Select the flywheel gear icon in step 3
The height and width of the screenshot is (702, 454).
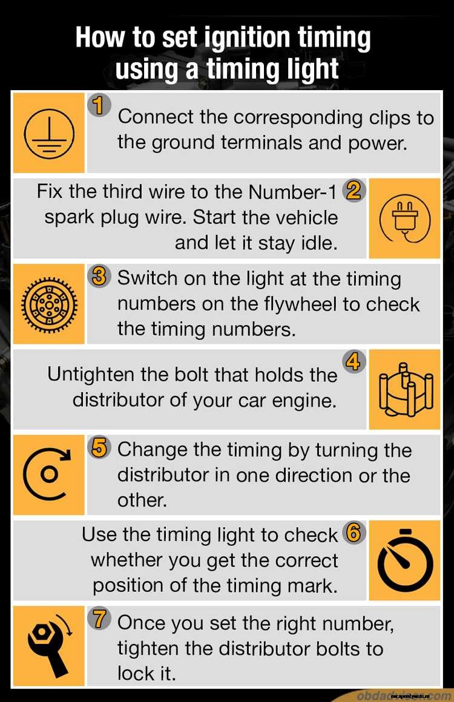click(x=48, y=304)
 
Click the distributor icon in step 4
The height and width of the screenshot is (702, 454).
click(x=404, y=390)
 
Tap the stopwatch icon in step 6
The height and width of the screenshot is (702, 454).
click(x=404, y=560)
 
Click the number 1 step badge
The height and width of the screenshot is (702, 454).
click(x=99, y=105)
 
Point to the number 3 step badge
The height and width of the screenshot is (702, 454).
click(x=99, y=277)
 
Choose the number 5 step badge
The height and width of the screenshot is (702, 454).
click(x=99, y=448)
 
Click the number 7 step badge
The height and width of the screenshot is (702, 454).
click(x=99, y=620)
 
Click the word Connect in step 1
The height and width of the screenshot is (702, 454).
click(x=156, y=117)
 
